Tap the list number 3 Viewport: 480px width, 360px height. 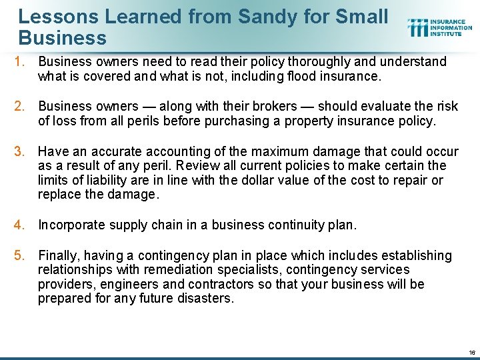click(x=20, y=151)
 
